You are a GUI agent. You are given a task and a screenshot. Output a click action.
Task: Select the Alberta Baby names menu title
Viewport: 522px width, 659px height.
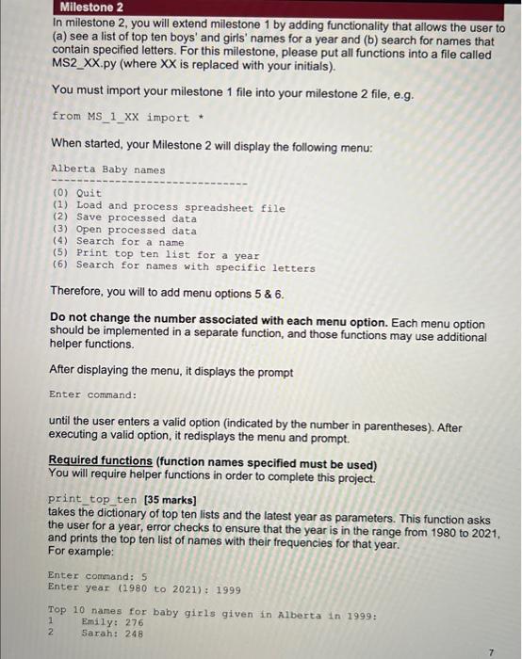click(x=107, y=170)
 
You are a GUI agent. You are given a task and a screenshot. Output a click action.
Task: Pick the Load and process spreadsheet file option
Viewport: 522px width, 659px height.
click(x=170, y=206)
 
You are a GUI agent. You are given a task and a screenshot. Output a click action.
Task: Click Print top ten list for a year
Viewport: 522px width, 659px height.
click(x=155, y=254)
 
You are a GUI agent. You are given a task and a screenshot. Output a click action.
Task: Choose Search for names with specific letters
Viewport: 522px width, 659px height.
click(x=184, y=266)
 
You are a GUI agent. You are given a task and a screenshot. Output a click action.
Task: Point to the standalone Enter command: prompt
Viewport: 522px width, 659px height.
click(x=93, y=394)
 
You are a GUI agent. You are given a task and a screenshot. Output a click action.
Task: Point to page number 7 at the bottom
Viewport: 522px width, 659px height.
click(x=491, y=651)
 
